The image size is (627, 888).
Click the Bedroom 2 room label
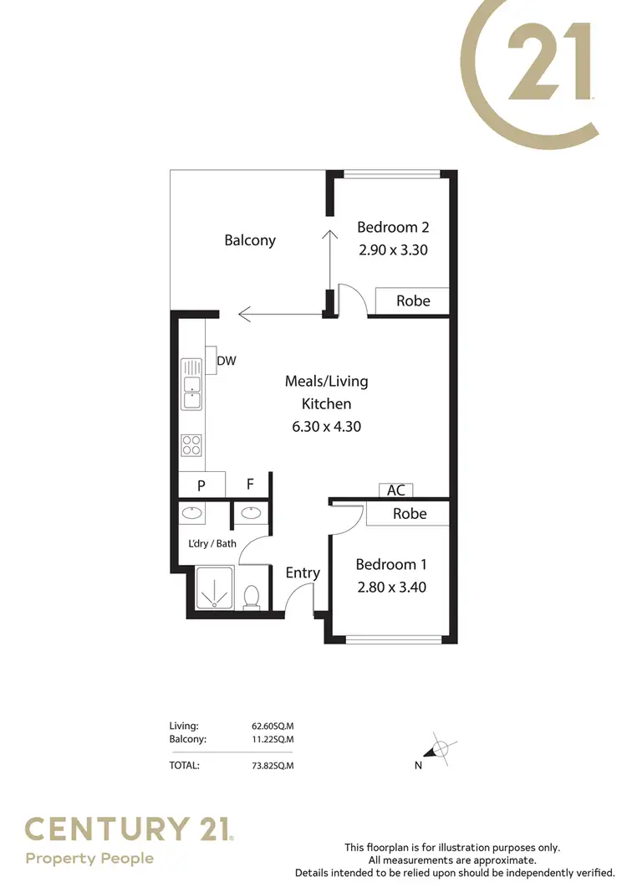pos(393,227)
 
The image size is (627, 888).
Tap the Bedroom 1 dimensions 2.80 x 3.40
pos(391,587)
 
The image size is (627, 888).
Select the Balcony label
pos(250,240)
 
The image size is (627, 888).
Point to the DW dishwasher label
pos(227,361)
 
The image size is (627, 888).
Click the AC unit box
pos(395,490)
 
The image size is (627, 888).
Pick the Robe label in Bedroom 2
pos(413,300)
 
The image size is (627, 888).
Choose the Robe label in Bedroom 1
pos(410,513)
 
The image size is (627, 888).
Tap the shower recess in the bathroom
pos(217,588)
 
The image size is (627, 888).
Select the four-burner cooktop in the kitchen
pos(191,444)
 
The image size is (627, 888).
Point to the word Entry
pos(303,572)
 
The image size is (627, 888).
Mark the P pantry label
pos(201,485)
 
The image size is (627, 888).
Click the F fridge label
pos(249,485)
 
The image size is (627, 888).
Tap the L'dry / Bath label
pos(212,543)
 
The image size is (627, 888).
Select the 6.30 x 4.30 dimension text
pos(326,426)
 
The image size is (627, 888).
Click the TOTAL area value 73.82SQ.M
pos(273,764)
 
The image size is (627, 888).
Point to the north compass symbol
pos(439,748)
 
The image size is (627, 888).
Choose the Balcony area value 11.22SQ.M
pos(273,739)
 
